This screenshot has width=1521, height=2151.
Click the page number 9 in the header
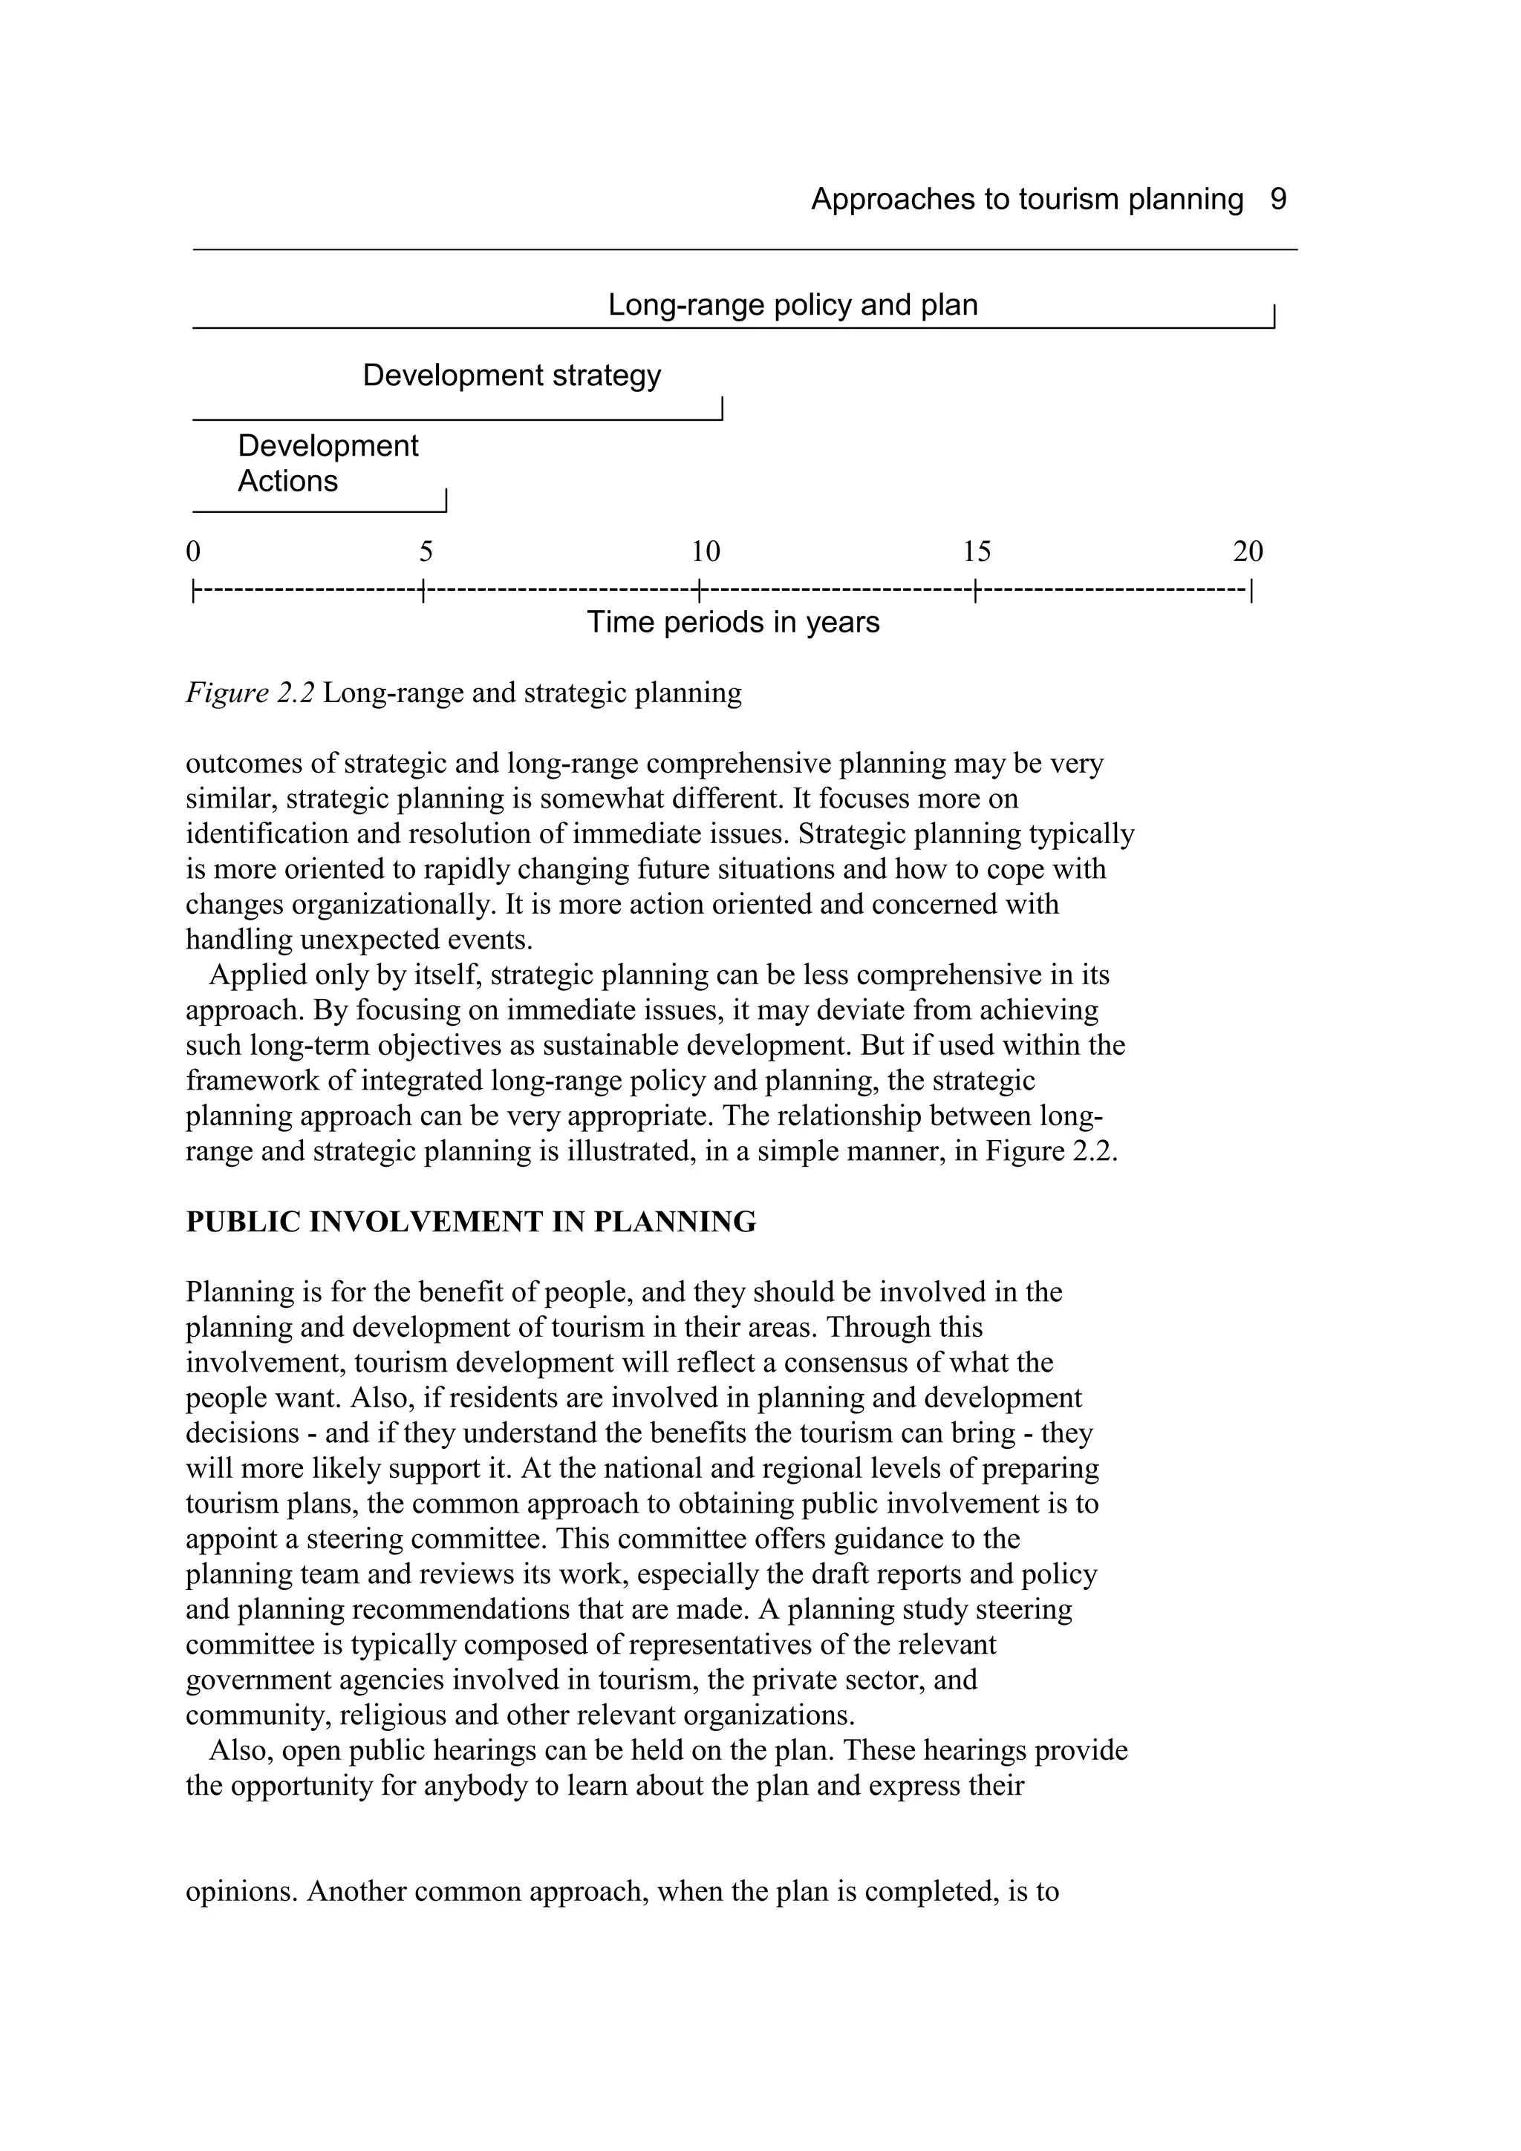click(1278, 200)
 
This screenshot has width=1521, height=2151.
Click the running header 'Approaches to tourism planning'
click(1026, 200)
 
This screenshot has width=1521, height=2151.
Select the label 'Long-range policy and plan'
click(793, 305)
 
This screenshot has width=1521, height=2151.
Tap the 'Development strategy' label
click(512, 376)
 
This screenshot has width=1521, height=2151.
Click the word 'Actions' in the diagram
click(287, 482)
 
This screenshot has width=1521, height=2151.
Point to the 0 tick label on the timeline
click(193, 551)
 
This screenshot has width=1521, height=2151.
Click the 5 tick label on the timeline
click(426, 551)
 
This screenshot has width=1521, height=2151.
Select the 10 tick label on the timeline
click(706, 551)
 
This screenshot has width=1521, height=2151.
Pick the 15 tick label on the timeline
click(977, 551)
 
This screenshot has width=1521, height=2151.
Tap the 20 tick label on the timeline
click(1248, 551)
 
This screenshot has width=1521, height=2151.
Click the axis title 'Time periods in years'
click(733, 623)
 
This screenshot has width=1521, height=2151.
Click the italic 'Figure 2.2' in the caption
click(250, 693)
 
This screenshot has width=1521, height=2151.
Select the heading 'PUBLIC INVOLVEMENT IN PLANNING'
click(470, 1222)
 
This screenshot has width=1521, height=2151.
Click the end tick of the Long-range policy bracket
click(1274, 317)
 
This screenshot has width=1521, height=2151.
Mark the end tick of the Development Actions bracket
click(446, 500)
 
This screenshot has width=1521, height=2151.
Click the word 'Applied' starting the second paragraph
click(244, 975)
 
